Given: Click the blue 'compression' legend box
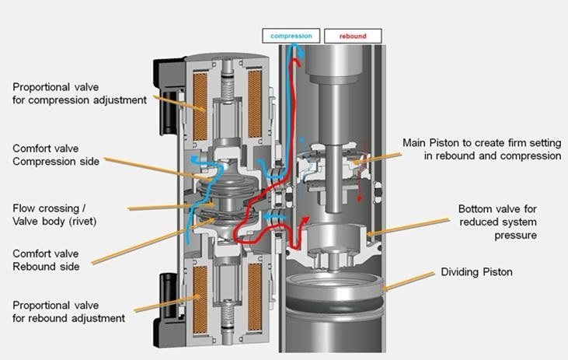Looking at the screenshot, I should click(291, 35).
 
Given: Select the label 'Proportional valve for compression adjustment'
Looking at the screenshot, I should click(78, 93).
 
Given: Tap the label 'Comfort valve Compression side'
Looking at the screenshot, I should click(56, 155).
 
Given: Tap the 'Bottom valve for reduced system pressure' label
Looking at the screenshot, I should click(508, 222).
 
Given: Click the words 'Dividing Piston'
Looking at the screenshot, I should click(477, 272).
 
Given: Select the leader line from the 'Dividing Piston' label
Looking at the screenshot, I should click(407, 281).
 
